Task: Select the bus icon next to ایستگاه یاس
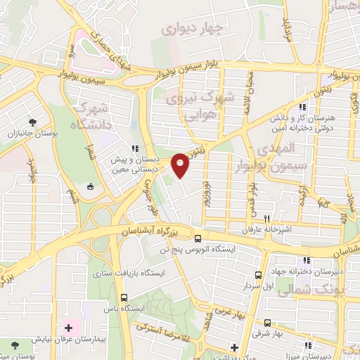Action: click(x=124, y=297)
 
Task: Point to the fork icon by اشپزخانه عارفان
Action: click(x=266, y=219)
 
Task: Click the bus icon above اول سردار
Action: click(x=259, y=275)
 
